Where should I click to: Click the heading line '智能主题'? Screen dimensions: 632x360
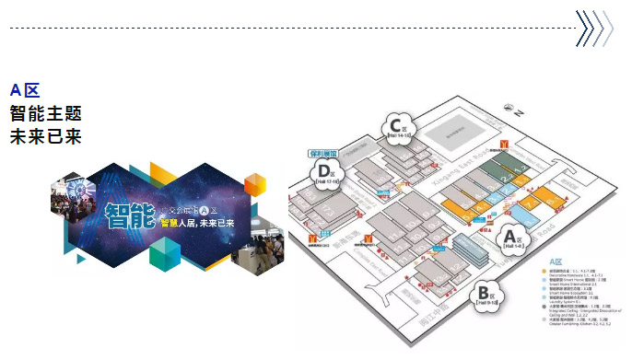click(x=45, y=114)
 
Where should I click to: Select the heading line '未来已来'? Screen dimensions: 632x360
click(x=45, y=137)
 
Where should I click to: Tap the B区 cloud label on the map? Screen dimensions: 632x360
click(x=485, y=297)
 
